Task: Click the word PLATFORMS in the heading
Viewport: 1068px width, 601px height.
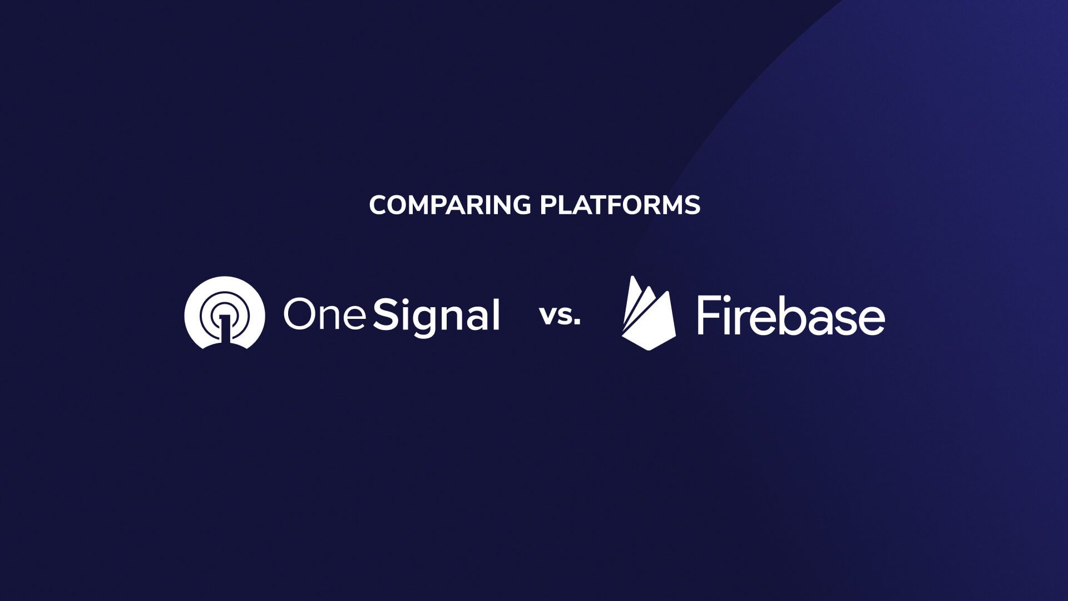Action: (x=620, y=205)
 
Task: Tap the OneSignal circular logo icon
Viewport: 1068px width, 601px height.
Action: (x=224, y=313)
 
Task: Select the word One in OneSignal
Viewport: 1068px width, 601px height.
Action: (x=324, y=315)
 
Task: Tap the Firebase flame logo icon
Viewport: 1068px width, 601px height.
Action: (x=648, y=314)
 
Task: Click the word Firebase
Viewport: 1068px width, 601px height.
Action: (x=790, y=316)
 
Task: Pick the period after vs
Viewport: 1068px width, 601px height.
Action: (x=577, y=323)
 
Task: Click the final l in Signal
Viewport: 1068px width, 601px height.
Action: (x=496, y=314)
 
